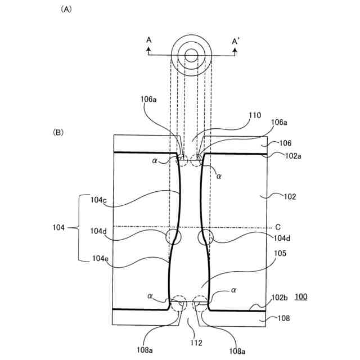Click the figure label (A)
64,10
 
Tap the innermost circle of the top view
191,55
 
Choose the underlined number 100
301,296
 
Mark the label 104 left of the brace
59,228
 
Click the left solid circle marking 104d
174,237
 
